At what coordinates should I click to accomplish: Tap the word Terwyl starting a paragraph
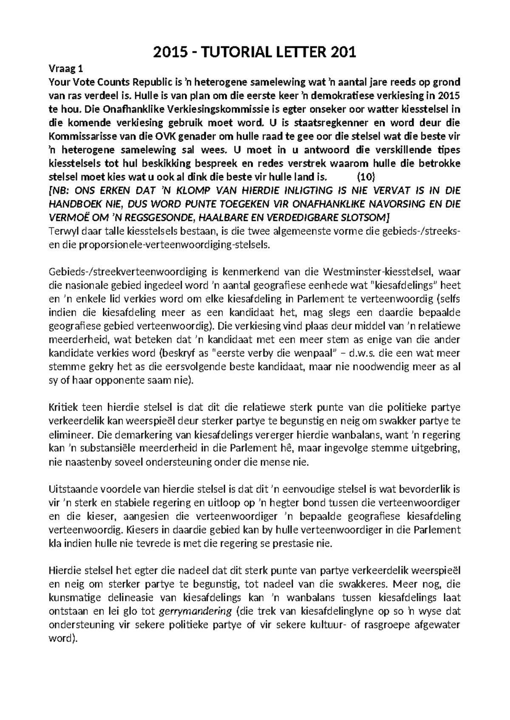63,231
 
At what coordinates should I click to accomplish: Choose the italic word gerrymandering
195,612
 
